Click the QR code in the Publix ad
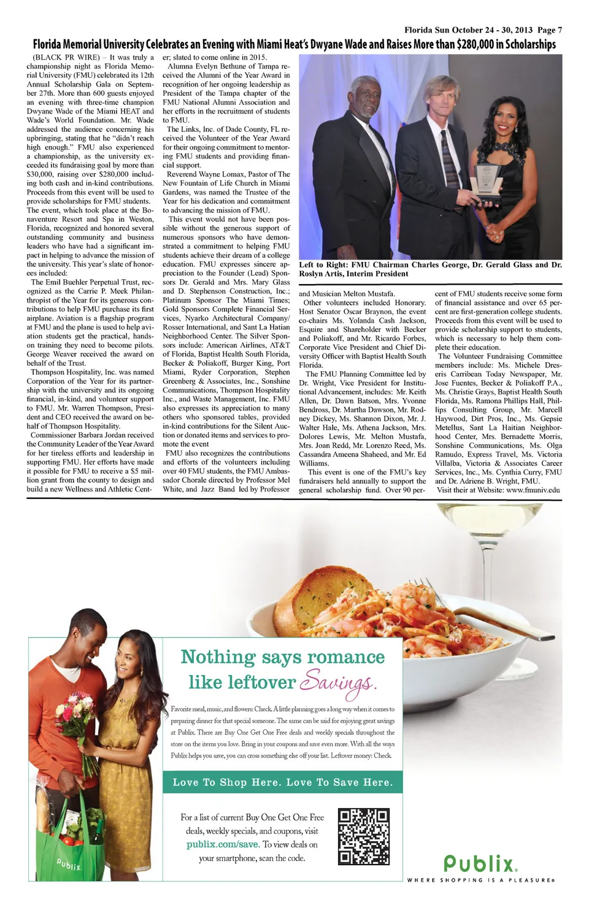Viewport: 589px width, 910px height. pos(364,837)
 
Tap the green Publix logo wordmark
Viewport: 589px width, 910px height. pos(480,864)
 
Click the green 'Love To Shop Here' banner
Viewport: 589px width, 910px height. pos(282,782)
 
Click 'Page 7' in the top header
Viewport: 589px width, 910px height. pos(550,29)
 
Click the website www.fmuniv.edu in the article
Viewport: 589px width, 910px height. pos(533,490)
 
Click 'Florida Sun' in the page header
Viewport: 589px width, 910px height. pos(427,29)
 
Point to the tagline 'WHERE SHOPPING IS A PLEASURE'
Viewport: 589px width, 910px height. pos(481,881)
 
